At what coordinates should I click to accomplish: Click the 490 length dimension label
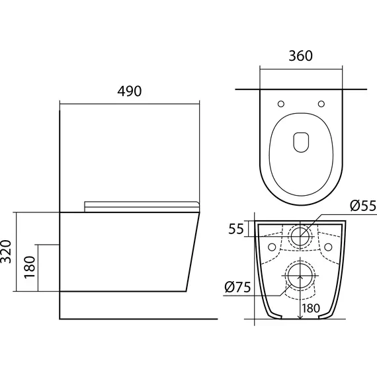tap(130, 91)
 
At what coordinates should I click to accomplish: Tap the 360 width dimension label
tap(300, 56)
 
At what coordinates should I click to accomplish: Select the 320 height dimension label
tap(6, 251)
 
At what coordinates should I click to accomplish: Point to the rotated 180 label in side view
tap(30, 267)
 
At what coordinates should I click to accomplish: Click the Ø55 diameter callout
tap(363, 206)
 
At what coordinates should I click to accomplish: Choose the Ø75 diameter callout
tap(237, 287)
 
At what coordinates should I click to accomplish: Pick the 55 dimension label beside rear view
tap(236, 229)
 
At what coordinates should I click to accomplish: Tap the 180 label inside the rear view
tap(311, 308)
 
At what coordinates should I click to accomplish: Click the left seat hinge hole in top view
tap(281, 104)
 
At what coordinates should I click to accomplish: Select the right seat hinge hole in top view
tap(321, 104)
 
